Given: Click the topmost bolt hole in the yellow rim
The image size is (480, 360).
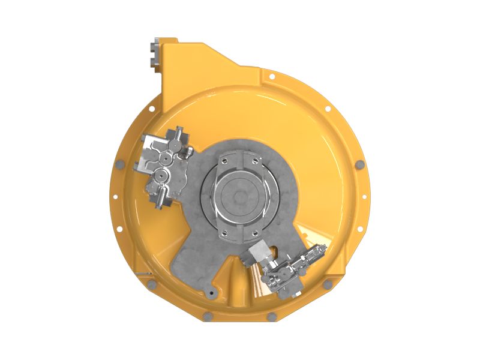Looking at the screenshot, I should tap(272, 76).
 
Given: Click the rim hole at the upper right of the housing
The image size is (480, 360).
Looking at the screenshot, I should tap(328, 109).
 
